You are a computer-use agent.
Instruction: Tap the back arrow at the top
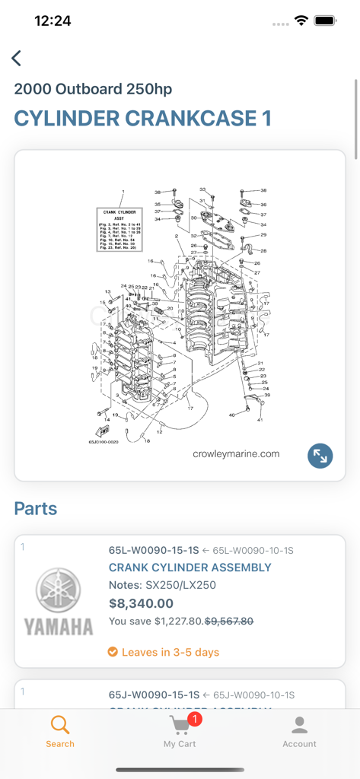tap(17, 58)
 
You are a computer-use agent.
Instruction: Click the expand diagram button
tap(320, 456)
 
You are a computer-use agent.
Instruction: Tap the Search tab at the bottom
tap(60, 732)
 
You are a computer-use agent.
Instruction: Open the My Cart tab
tap(180, 732)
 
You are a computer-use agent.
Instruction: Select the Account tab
tap(299, 732)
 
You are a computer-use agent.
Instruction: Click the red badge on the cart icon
tap(194, 719)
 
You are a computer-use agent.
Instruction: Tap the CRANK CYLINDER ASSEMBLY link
tap(190, 568)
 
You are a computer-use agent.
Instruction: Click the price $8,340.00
tap(141, 603)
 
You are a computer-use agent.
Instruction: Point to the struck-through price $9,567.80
tap(230, 622)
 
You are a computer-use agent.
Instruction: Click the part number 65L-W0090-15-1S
tap(154, 550)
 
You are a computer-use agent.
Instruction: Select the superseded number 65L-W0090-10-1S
tap(253, 550)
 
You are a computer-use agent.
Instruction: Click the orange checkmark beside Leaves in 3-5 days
tap(113, 652)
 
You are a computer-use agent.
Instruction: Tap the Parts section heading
tap(36, 508)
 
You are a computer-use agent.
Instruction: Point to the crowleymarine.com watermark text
tap(236, 454)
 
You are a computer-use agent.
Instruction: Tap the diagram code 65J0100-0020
tap(104, 441)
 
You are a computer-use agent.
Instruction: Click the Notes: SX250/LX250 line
tap(162, 585)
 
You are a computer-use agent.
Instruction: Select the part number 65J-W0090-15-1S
tap(154, 695)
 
